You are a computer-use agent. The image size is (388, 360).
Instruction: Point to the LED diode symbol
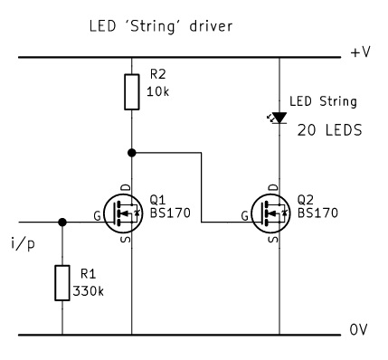tap(278, 117)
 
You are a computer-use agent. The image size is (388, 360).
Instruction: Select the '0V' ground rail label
tap(359, 333)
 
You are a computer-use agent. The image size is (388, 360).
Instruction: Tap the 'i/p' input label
tap(24, 245)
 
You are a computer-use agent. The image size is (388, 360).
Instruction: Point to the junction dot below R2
tap(132, 153)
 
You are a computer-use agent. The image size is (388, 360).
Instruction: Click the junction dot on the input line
tap(62, 222)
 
